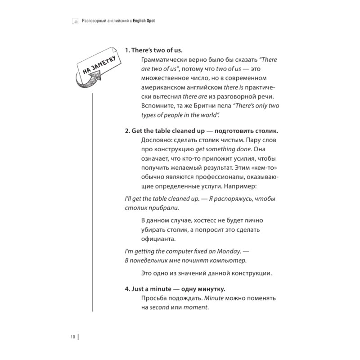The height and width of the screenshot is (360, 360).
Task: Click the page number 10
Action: tap(72, 336)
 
